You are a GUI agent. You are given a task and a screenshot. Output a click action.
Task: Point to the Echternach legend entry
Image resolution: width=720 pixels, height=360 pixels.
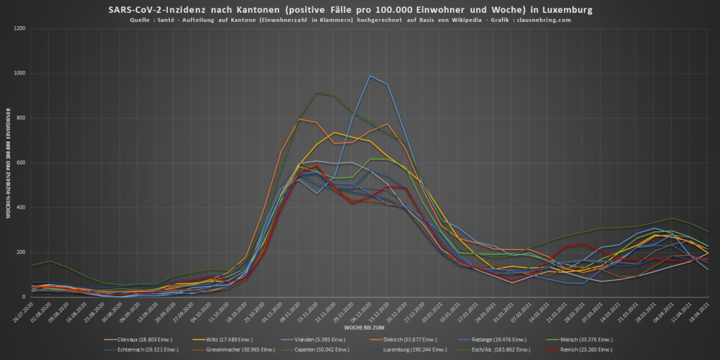(x=143, y=349)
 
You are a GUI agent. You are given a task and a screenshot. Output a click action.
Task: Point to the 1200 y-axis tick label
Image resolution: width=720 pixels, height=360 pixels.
(x=19, y=29)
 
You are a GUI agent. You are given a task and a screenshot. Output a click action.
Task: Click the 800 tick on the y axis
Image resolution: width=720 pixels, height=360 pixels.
(x=20, y=118)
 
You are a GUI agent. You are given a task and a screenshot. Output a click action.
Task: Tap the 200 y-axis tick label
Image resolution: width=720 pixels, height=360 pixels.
(x=20, y=252)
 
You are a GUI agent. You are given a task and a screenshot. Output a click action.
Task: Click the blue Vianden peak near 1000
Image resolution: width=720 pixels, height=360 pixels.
(x=371, y=76)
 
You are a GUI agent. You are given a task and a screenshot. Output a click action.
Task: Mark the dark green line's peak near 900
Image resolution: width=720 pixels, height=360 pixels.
(x=317, y=93)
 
